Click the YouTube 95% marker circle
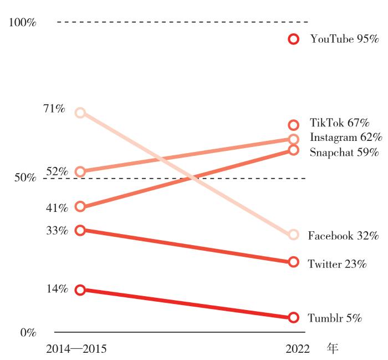pyautogui.click(x=294, y=39)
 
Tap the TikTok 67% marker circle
pyautogui.click(x=294, y=125)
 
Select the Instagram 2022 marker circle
pyautogui.click(x=294, y=139)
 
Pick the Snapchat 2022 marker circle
pyautogui.click(x=294, y=150)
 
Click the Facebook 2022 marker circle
pyautogui.click(x=294, y=235)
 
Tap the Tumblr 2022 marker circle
pyautogui.click(x=294, y=317)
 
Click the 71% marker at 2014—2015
pyautogui.click(x=80, y=113)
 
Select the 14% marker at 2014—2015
pyautogui.click(x=80, y=290)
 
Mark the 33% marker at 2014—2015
pyautogui.click(x=80, y=230)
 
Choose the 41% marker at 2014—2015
pyautogui.click(x=80, y=207)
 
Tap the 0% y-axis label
pyautogui.click(x=28, y=333)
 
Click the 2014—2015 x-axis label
pyautogui.click(x=76, y=349)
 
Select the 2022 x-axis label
pyautogui.click(x=298, y=349)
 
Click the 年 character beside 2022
pyautogui.click(x=332, y=349)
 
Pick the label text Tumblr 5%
pyautogui.click(x=335, y=318)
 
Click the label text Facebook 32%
pyautogui.click(x=343, y=236)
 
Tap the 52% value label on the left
pyautogui.click(x=57, y=171)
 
